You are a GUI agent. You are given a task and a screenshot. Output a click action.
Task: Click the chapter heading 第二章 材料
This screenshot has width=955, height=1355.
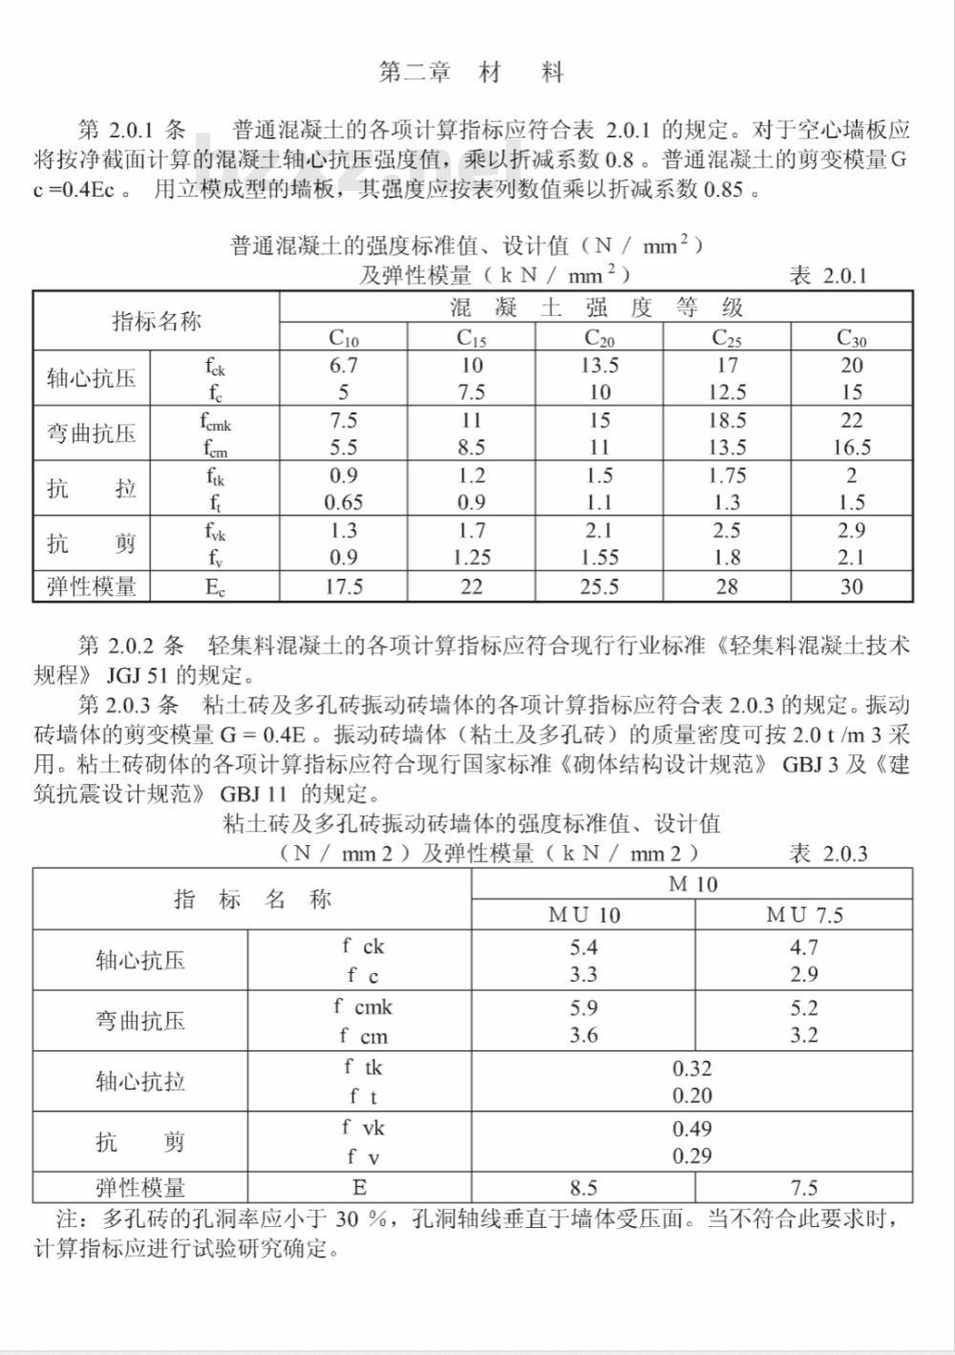[x=472, y=73]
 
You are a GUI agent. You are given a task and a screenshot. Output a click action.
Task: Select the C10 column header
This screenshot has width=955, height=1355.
[x=344, y=337]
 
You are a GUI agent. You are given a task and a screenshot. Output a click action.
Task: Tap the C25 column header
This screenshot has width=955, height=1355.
[x=727, y=337]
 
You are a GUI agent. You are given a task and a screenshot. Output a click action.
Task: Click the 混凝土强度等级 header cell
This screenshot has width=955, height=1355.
[x=596, y=307]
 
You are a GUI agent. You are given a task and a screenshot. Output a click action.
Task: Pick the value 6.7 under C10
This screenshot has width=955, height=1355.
[x=344, y=366]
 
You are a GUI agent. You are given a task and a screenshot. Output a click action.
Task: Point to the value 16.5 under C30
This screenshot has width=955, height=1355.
[x=851, y=447]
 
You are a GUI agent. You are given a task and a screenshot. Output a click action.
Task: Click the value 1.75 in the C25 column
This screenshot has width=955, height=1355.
[x=727, y=476]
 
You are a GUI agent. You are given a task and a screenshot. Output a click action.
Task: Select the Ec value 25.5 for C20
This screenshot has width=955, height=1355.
[x=599, y=586]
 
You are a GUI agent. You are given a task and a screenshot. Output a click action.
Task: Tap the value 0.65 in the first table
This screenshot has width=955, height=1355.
[x=344, y=502]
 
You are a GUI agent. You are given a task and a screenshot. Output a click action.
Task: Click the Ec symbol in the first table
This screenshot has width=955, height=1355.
[x=215, y=587]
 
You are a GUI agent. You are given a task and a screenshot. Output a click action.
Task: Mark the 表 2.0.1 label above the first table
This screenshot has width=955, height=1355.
[x=828, y=276]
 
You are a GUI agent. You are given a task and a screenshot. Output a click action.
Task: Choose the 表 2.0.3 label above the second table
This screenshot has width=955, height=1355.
[x=828, y=853]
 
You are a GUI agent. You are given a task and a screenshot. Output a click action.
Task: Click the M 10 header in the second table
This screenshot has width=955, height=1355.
[x=692, y=884]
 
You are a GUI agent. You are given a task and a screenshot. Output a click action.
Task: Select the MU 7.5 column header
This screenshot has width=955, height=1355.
[x=804, y=915]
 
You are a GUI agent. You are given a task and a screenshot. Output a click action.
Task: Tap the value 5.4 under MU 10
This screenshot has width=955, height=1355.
[x=584, y=947]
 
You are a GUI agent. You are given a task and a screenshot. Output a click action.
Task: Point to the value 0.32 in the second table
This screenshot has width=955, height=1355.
[x=691, y=1069]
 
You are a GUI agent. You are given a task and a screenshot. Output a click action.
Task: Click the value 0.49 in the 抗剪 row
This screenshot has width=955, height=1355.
[x=691, y=1129]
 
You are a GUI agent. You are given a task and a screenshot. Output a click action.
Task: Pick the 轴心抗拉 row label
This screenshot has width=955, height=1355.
[x=140, y=1082]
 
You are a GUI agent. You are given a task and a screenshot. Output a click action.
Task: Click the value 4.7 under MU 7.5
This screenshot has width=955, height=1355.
[x=804, y=947]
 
